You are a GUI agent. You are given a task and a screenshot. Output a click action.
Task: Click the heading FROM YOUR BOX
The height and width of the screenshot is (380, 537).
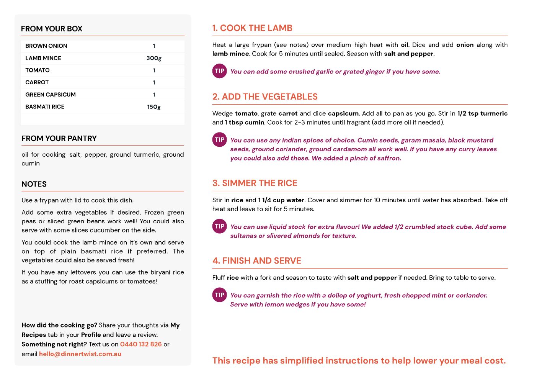[x=52, y=29]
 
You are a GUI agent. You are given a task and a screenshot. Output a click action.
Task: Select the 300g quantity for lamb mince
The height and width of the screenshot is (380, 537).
[x=154, y=58]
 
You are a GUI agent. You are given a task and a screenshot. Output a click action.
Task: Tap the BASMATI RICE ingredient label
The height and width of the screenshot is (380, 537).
[x=45, y=107]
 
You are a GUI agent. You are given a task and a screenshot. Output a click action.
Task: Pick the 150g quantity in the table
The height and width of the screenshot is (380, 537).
[x=154, y=107]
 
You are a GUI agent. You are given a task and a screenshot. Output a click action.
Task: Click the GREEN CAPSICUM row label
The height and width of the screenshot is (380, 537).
[x=51, y=95]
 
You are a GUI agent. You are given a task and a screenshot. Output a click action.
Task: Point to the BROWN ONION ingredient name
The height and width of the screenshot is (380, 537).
[x=46, y=46]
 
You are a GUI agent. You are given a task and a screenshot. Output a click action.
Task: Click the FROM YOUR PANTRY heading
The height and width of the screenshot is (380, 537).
[x=59, y=138]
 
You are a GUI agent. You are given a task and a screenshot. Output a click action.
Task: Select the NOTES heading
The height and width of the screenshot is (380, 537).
[x=34, y=184]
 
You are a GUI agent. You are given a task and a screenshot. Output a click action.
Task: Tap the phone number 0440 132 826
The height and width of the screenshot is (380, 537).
[x=141, y=344]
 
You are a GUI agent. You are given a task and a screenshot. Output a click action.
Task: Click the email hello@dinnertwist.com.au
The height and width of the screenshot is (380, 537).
[x=80, y=354]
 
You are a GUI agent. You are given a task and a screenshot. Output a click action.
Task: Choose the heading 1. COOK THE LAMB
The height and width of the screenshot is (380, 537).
[x=252, y=28]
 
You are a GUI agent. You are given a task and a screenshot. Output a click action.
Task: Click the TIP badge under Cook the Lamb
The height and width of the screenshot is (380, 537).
[x=220, y=71]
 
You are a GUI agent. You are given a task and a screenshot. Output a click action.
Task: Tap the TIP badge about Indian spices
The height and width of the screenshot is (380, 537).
[x=220, y=139]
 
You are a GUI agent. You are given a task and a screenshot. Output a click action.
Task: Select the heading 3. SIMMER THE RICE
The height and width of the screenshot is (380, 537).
[x=255, y=183]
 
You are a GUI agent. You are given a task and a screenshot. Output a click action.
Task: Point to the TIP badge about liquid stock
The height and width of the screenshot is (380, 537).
[x=220, y=226]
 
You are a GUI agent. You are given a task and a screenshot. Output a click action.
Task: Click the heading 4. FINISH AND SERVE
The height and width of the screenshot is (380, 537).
[x=257, y=261]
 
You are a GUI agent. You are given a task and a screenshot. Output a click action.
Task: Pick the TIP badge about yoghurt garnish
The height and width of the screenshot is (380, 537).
[x=220, y=295]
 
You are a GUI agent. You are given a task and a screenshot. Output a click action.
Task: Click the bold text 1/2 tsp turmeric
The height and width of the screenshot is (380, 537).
[x=482, y=113]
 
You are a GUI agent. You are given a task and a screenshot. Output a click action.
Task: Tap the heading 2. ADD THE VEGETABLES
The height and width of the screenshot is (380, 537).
[x=265, y=97]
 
